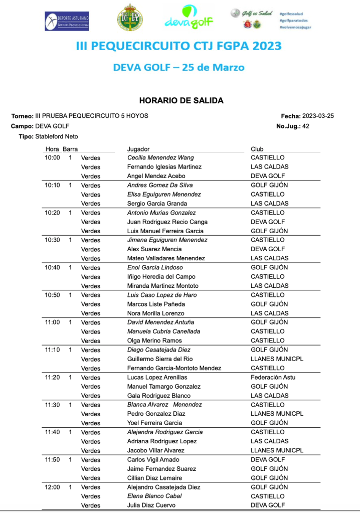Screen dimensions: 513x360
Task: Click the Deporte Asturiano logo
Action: pos(67,21)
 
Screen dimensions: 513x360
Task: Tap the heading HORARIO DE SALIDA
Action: pos(181,101)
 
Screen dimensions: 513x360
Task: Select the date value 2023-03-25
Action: pos(318,116)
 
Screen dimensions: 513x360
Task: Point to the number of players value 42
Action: pos(306,126)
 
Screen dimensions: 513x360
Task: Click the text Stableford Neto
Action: pos(57,136)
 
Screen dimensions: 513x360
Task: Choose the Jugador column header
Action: pos(138,149)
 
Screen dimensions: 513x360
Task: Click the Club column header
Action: pos(257,149)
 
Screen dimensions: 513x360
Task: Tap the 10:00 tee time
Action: pos(52,157)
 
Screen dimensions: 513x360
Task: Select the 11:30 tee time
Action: pos(52,405)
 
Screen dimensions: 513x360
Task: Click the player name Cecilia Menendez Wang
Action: pos(160,157)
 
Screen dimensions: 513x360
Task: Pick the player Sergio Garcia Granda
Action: pos(157,204)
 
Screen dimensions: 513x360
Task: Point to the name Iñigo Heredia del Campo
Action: pos(161,277)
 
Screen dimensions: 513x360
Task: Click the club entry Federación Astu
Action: pos(273,377)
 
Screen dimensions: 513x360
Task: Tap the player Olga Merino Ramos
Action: pos(155,340)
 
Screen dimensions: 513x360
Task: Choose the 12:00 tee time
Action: pos(52,487)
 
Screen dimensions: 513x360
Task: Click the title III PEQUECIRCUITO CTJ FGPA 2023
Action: pos(178,46)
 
